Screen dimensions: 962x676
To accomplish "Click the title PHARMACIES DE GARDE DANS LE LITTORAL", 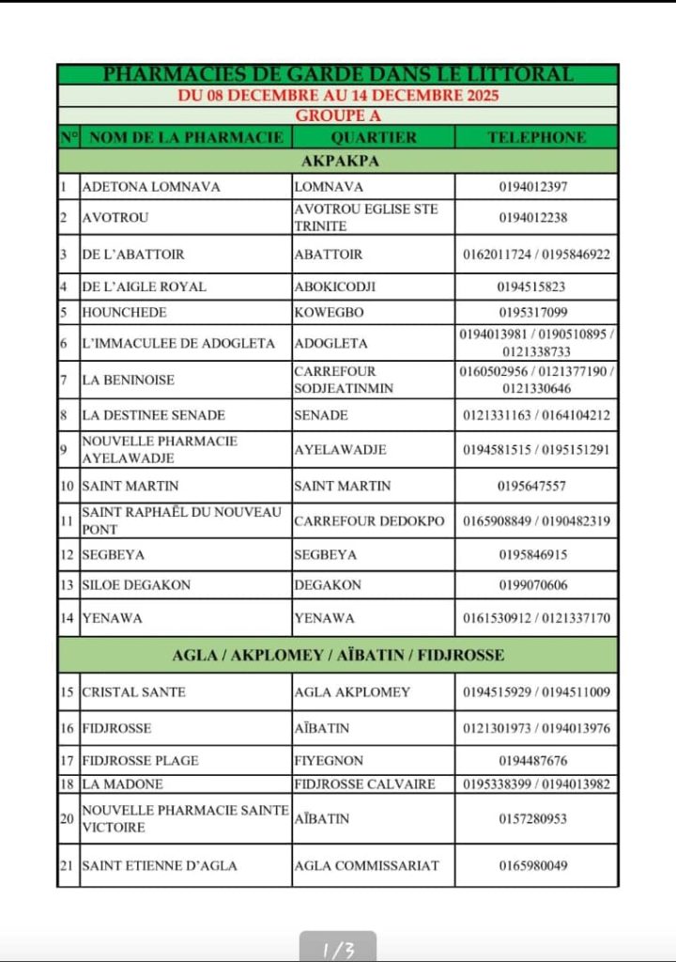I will click(337, 74).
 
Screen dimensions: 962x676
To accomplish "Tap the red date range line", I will click(337, 95).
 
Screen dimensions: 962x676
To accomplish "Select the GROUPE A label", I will click(337, 116).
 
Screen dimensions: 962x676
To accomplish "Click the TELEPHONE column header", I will click(536, 137).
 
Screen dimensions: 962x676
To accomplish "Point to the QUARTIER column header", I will click(373, 137).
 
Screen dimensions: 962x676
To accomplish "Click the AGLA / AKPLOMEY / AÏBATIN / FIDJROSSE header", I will click(338, 655).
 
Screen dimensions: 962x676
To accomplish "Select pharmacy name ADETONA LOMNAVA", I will click(151, 187).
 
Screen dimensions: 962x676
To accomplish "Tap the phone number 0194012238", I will click(533, 217).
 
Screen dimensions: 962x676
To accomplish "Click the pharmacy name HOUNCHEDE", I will click(124, 313).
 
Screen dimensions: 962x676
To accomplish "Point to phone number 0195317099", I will click(533, 313).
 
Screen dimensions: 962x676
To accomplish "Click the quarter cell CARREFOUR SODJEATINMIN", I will click(343, 380).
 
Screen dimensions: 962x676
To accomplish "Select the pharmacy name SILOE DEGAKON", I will click(136, 584).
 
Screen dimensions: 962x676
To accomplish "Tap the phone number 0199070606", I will click(533, 584).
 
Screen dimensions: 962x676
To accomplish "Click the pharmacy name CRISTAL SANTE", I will click(133, 692).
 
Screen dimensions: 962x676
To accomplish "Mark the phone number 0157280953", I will click(533, 818).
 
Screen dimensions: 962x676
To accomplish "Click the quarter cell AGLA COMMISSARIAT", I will click(366, 865).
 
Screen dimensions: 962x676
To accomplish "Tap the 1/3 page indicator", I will click(338, 950).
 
